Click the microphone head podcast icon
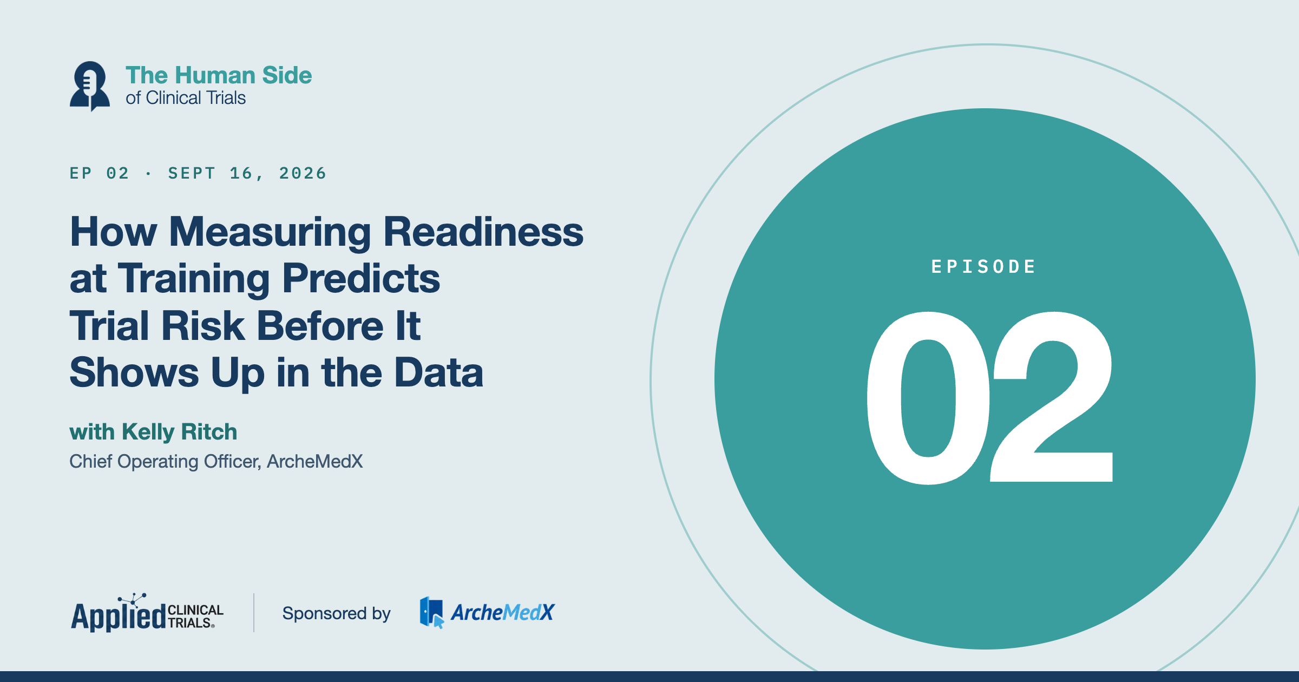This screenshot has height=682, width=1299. (90, 86)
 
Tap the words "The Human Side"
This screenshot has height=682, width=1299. (219, 75)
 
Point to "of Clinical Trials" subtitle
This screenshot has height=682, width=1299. (186, 98)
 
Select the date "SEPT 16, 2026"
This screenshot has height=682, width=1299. (247, 173)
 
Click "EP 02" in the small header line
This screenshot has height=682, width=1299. (100, 173)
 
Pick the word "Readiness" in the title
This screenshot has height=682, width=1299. (483, 232)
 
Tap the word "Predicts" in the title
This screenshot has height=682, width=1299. (361, 278)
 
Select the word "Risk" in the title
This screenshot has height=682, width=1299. (203, 326)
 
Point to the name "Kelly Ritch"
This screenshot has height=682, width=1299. (179, 432)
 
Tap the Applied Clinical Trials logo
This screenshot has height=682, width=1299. (147, 613)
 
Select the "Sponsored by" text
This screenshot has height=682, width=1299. (336, 614)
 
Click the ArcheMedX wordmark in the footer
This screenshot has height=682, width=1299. (502, 613)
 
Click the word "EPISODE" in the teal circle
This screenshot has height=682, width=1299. (983, 266)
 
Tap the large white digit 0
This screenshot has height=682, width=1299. (928, 398)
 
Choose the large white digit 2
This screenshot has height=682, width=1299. (1052, 397)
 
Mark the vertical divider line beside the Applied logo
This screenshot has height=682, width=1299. (254, 613)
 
